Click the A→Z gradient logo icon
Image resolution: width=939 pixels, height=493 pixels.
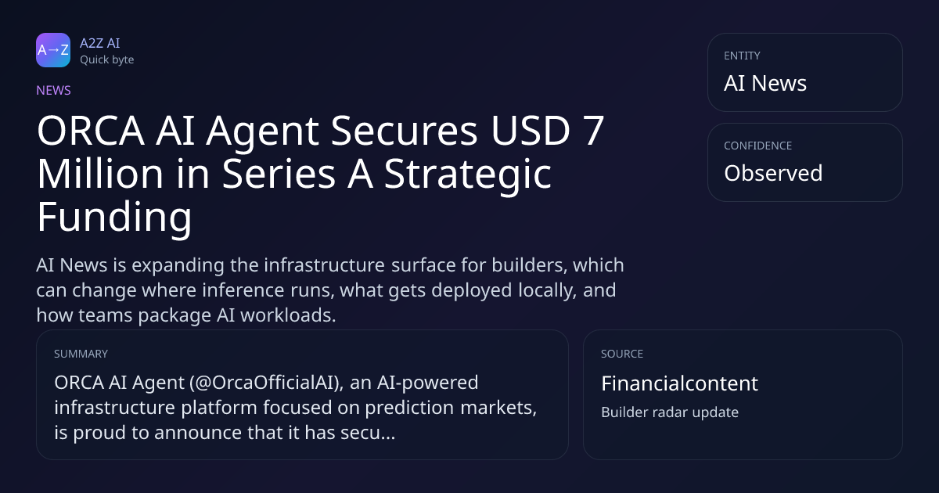point(53,50)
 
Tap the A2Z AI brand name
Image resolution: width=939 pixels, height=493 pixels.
point(100,43)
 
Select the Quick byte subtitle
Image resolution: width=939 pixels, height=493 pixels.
point(107,60)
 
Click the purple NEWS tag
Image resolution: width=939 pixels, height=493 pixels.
point(54,91)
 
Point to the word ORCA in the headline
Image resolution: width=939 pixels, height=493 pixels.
point(91,131)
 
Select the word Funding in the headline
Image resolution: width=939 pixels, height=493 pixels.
point(114,217)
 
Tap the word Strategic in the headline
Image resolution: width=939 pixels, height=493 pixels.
point(468,175)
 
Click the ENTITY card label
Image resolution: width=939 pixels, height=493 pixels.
point(742,56)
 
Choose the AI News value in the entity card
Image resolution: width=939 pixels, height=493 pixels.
point(765,83)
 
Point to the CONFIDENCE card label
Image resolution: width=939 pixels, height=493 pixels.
point(758,146)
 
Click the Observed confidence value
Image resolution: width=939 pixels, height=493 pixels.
point(773,173)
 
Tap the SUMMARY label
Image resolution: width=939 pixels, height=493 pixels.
point(81,354)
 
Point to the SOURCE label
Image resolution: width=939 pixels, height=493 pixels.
point(622,354)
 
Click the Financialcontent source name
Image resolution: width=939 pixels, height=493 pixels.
point(679,383)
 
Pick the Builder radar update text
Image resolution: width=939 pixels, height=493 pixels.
point(670,412)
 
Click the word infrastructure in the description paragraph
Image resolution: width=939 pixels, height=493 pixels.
point(325,265)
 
